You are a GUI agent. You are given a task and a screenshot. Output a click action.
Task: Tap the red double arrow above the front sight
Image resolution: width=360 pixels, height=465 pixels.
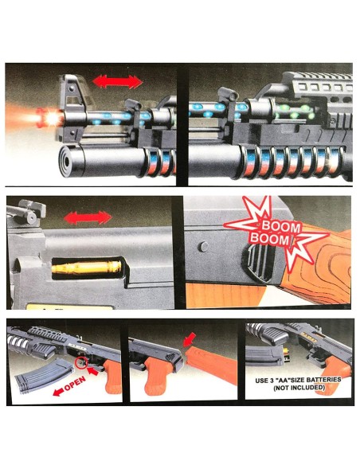pos(117,81)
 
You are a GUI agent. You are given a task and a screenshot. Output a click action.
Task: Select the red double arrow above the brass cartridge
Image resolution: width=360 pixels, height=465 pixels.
pos(88,218)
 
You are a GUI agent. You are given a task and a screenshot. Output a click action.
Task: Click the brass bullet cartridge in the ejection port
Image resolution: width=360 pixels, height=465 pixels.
pos(87,267)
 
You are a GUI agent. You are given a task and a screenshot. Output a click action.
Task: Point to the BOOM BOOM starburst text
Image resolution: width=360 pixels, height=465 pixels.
pos(276,232)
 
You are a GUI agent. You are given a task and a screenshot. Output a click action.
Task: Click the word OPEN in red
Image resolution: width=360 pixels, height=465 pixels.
pos(75,384)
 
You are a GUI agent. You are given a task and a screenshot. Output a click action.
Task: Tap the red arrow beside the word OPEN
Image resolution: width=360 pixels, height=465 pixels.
pos(58,392)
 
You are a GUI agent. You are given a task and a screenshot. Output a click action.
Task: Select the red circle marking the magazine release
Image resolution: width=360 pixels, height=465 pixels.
pos(81,363)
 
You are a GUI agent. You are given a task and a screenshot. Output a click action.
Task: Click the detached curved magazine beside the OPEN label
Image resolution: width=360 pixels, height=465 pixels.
pos(45,376)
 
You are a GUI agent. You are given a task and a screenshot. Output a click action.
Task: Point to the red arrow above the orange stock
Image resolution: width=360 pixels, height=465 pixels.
pos(189,339)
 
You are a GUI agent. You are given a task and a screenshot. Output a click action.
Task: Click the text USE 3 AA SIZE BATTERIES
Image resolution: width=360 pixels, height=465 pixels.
pos(298,380)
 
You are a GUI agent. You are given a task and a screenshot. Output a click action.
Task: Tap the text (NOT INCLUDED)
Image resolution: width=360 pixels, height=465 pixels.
pos(299,387)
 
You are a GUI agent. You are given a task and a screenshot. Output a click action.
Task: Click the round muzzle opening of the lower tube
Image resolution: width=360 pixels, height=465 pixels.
pos(66,161)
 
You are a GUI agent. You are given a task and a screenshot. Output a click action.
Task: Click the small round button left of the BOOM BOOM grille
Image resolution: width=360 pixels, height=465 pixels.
pos(203,247)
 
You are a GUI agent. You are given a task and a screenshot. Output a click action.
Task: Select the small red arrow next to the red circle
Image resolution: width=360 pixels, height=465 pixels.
pos(93,371)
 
